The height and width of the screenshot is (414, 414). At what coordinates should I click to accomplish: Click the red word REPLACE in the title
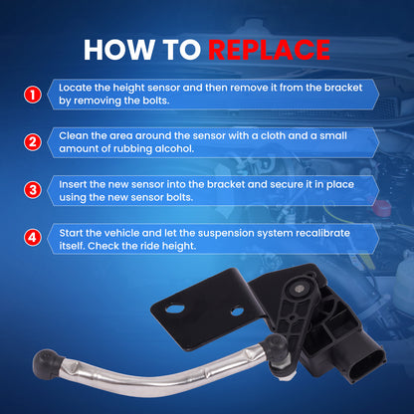tap(269, 50)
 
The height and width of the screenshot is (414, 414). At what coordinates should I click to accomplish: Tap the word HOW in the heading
tap(119, 50)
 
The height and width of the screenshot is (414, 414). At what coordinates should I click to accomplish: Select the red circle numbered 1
tap(33, 95)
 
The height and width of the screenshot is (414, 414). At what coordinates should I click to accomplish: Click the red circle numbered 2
tap(33, 142)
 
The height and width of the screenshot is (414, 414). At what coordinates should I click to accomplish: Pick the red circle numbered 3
tap(33, 190)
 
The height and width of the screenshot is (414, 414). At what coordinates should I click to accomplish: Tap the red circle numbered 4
tap(33, 238)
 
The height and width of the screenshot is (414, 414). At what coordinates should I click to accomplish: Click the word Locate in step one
tap(76, 88)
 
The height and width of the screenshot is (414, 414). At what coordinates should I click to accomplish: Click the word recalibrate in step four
tap(322, 233)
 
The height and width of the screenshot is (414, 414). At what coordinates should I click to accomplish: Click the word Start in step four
tap(71, 233)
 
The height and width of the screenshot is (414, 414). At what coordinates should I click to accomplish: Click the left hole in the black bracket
tap(175, 309)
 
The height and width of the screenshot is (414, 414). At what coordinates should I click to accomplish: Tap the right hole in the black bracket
tap(237, 311)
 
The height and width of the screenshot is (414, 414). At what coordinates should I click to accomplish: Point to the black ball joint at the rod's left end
tap(47, 362)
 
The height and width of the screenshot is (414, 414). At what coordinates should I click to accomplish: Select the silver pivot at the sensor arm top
tap(298, 290)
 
